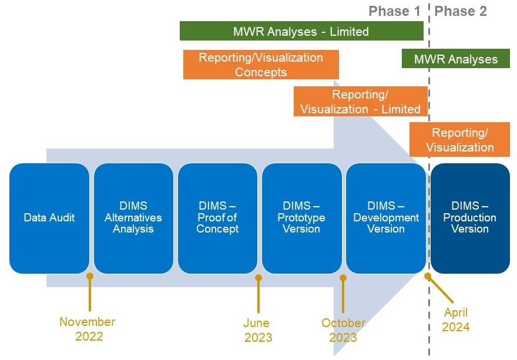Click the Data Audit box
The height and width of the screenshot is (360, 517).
49,218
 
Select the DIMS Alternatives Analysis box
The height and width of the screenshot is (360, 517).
133,218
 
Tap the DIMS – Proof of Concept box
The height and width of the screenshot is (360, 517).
217,218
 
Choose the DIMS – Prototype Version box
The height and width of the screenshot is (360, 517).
301,218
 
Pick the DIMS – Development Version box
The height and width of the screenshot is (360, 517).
386,218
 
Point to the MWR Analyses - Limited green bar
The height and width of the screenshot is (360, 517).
301,31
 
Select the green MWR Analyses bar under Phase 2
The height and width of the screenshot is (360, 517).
455,59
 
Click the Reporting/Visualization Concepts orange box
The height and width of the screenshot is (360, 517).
261,65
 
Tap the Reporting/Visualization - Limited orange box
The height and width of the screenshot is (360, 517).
360,102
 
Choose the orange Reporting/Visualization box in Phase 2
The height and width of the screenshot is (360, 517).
459,139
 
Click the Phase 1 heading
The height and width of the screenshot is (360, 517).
395,11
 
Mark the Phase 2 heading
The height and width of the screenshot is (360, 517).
461,11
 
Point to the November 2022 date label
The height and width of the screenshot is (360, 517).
88,329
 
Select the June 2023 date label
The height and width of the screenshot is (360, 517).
257,330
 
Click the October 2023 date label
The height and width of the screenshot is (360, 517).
343,330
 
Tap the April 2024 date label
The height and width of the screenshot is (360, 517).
456,319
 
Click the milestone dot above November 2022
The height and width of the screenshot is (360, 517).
90,276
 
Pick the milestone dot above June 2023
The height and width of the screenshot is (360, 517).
258,278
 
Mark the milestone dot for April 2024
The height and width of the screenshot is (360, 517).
428,275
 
